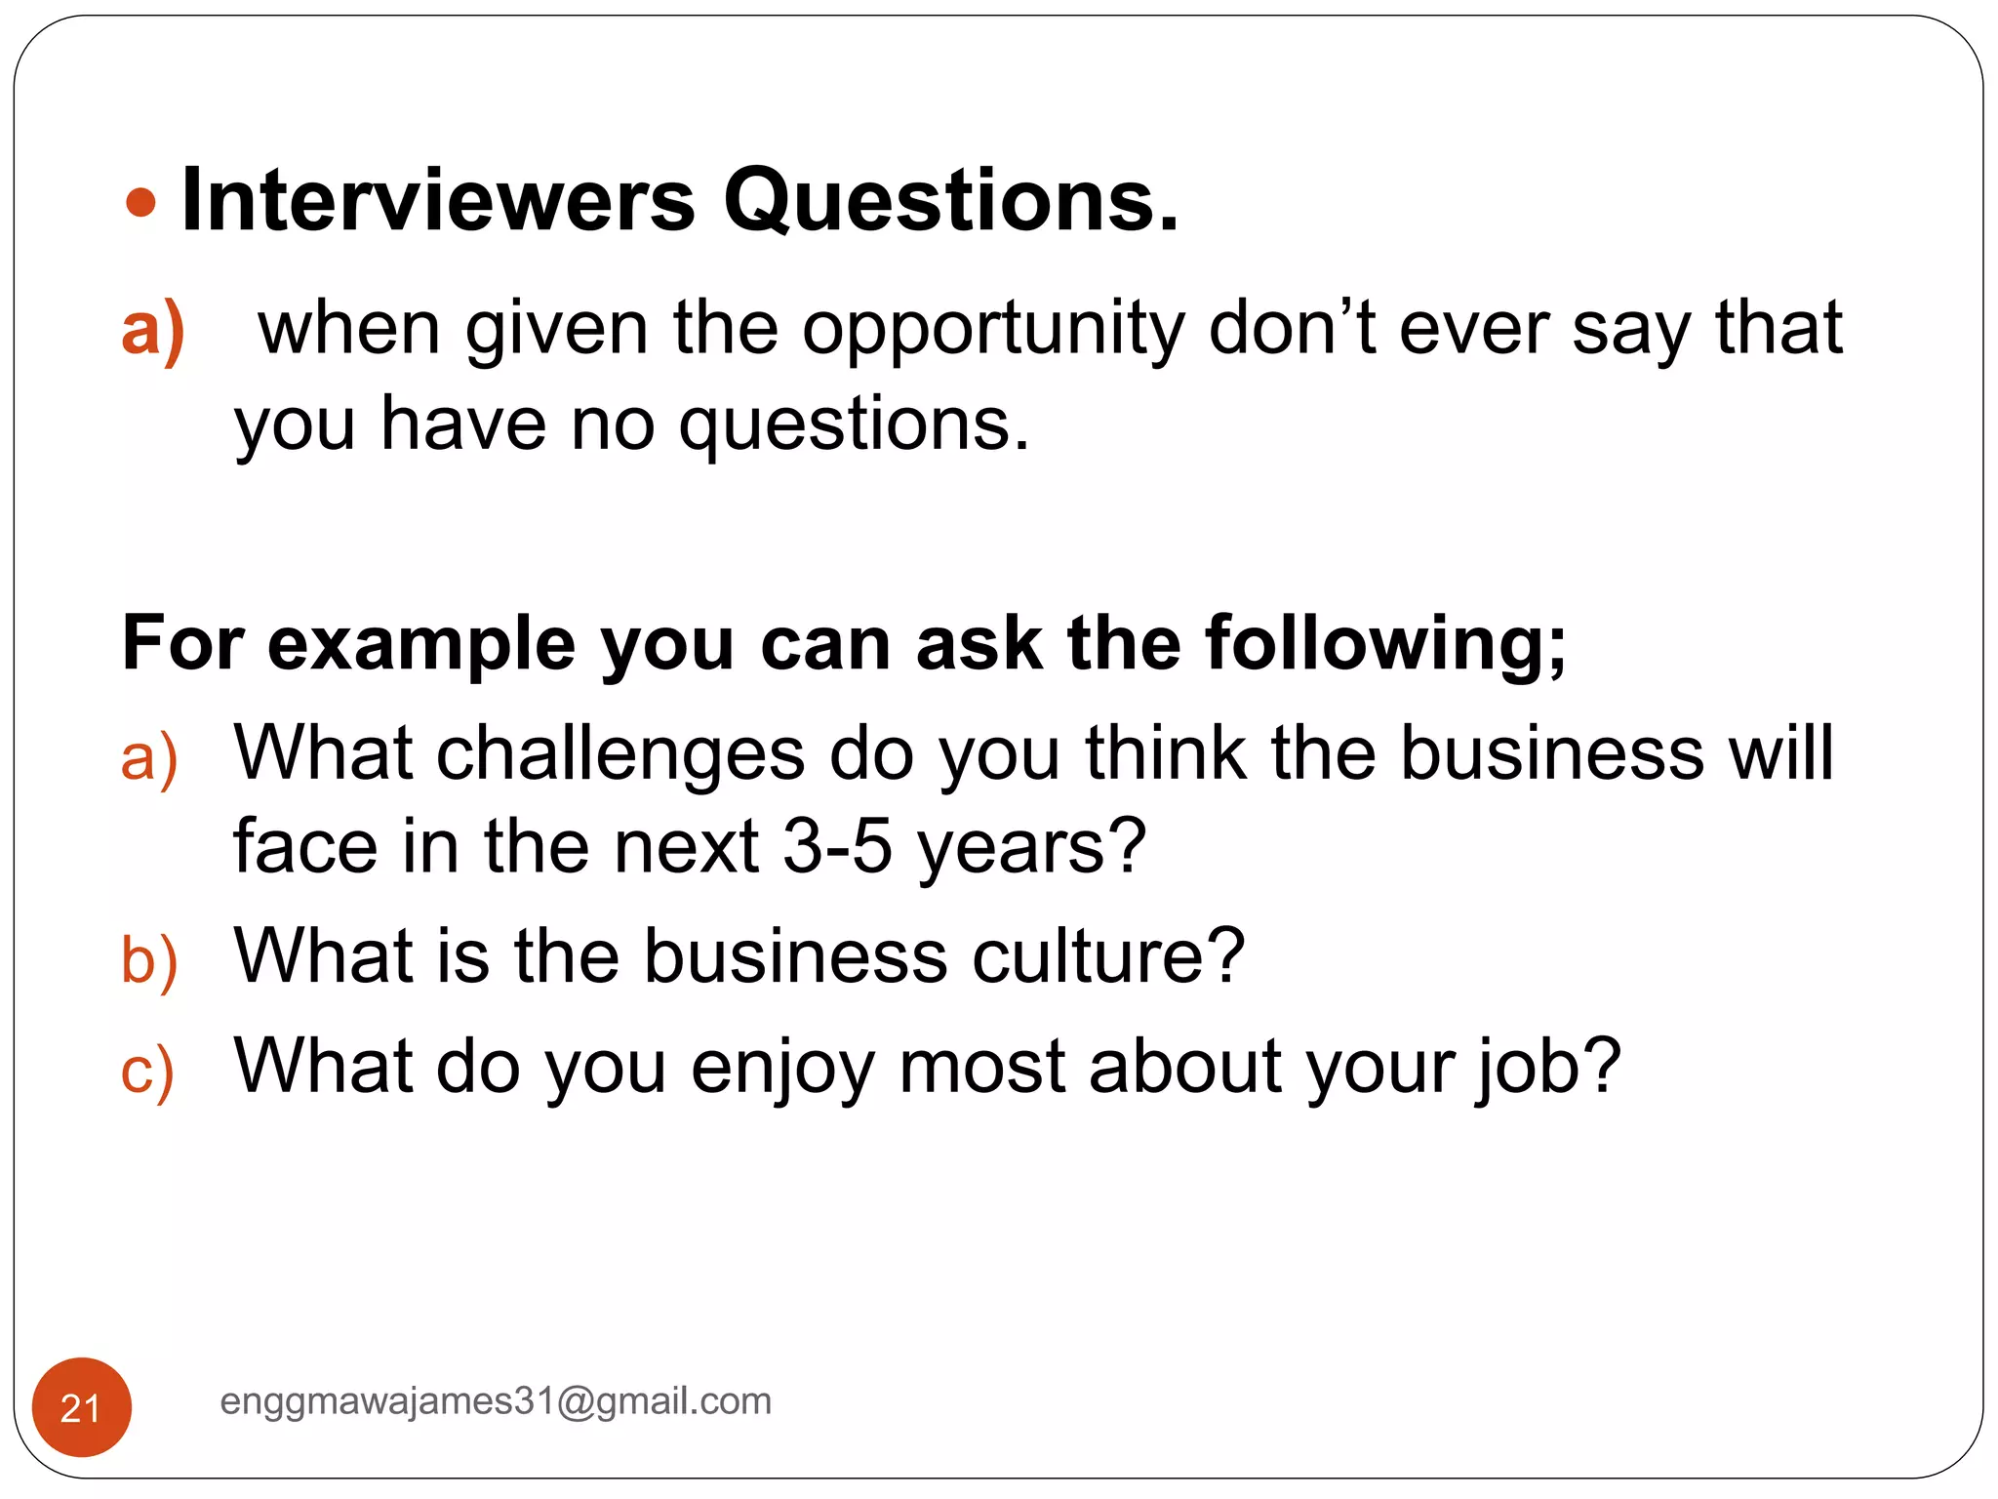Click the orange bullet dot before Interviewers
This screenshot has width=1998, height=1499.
point(141,203)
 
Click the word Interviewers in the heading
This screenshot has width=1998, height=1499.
point(438,200)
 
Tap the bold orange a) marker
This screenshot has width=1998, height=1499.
point(153,329)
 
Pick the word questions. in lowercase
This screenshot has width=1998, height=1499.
point(854,426)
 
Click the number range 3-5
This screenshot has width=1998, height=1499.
point(837,846)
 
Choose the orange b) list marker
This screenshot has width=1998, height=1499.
point(149,959)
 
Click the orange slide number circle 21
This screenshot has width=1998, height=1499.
point(82,1407)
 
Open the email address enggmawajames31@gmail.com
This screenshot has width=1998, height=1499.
point(496,1401)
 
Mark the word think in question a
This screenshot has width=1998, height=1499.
point(1165,753)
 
